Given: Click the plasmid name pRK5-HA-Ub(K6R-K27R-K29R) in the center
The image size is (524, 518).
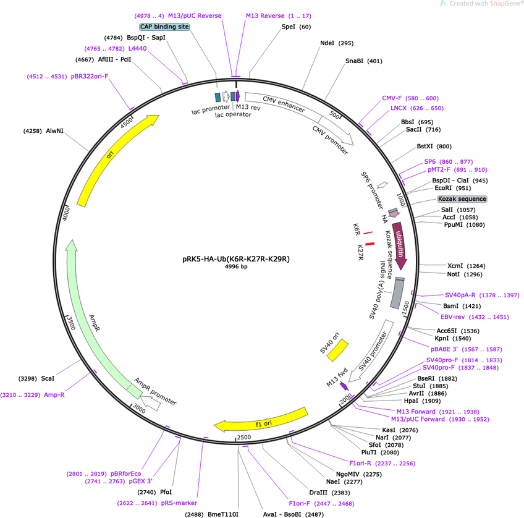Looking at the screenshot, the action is pos(236,259).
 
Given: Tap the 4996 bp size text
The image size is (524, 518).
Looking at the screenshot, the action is pos(236,266).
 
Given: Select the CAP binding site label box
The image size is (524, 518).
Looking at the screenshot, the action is pos(164,27).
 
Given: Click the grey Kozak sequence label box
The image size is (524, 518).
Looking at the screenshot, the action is pos(462,199).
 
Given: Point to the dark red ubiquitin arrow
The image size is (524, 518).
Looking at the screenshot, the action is pos(400,245).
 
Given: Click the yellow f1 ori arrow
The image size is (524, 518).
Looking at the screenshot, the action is pos(261,420).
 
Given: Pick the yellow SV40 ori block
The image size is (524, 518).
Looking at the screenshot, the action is pos(337,350).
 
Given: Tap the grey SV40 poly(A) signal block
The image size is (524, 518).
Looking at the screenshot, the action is pos(397,293).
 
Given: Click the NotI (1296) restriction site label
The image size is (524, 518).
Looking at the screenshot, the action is pos(465,274).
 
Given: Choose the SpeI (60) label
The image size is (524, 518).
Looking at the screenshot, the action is pos(296,27).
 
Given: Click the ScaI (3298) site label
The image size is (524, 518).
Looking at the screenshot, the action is pos(36,378).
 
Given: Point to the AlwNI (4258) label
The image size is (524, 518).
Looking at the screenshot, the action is pos(43,131).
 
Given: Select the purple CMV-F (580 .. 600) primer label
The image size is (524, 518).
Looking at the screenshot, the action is pos(410,98).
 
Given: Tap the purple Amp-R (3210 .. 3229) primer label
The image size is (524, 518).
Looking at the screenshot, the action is pos(32,395).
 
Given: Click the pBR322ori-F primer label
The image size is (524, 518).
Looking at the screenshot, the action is pos(67,77).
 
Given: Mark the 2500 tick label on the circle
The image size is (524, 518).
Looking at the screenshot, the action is pos(244,437).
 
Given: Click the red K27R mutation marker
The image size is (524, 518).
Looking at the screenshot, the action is pos(370,244).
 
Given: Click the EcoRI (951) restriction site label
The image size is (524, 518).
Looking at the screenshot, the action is pos(453,188).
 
